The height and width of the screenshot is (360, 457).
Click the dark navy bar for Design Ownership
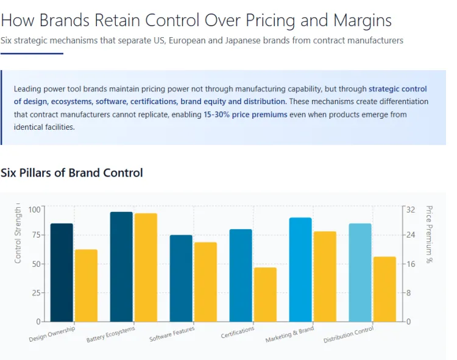point(62,272)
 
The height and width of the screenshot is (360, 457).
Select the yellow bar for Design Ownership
point(86,285)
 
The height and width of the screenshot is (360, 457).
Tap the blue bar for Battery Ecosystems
point(121,267)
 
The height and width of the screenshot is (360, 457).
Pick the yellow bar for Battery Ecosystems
point(146,267)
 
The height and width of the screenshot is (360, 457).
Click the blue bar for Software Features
point(181,278)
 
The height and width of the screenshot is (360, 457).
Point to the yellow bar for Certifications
point(265,294)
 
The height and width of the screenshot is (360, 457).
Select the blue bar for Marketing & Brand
point(300,269)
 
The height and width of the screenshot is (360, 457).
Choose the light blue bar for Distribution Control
point(360,272)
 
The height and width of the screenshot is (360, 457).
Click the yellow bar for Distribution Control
point(384,289)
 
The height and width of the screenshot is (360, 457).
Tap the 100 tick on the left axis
point(34,210)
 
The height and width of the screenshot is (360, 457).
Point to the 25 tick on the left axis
point(36,293)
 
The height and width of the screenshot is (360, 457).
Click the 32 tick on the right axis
point(411,210)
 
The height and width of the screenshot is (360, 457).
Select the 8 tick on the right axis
point(409,293)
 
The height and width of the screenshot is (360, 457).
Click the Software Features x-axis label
point(172,334)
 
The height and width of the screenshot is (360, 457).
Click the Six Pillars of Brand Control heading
point(72,173)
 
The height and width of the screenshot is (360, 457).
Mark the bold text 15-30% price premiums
point(246,115)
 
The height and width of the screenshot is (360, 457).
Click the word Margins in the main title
point(363,20)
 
